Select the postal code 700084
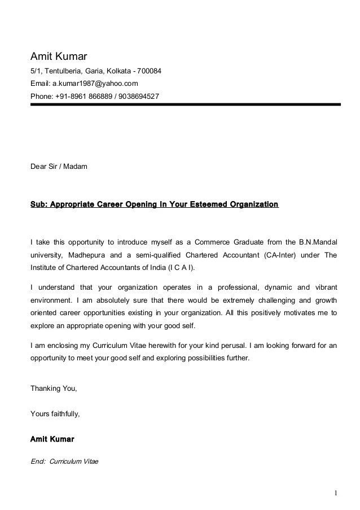[x=148, y=71]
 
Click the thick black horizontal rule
[x=185, y=104]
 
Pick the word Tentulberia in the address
[x=62, y=71]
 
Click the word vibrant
[x=323, y=286]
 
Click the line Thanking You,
[x=54, y=389]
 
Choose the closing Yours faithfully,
[x=55, y=413]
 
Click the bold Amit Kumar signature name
[x=52, y=439]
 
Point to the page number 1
[x=335, y=493]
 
